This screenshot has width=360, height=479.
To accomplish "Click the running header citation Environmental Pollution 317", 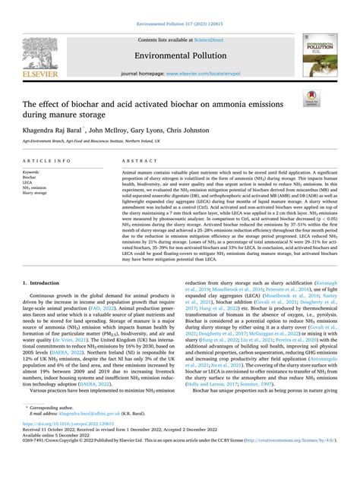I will (x=180, y=8).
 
